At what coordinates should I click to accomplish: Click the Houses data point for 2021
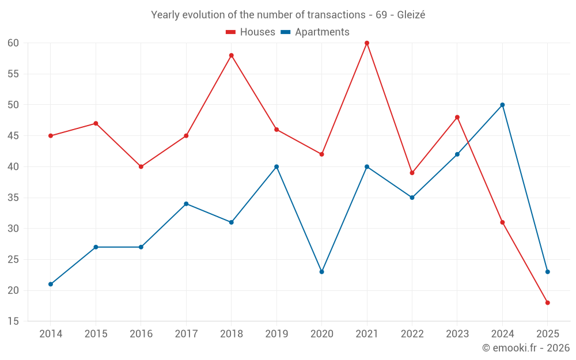tap(367, 43)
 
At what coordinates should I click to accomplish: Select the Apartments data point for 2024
tap(502, 105)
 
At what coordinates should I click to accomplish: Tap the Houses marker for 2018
tap(231, 55)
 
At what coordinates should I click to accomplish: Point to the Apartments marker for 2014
tap(51, 284)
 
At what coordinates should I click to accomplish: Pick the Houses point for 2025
tap(547, 302)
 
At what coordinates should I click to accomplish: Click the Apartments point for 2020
tap(321, 271)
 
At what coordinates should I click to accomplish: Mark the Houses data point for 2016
tap(141, 166)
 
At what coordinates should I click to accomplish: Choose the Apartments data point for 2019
tap(276, 166)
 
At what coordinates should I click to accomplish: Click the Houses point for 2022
tap(412, 173)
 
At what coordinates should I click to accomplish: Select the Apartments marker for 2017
tap(186, 203)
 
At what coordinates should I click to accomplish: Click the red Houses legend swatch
tap(230, 32)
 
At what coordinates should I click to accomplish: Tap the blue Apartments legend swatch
tap(285, 32)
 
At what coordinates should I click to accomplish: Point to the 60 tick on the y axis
tap(13, 43)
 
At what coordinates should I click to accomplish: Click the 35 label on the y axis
tap(13, 198)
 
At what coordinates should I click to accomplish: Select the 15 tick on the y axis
tap(13, 321)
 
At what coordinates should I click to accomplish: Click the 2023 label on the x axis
tap(457, 334)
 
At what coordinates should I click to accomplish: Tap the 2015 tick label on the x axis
tap(96, 334)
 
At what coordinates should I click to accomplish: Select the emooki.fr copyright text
tap(525, 348)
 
